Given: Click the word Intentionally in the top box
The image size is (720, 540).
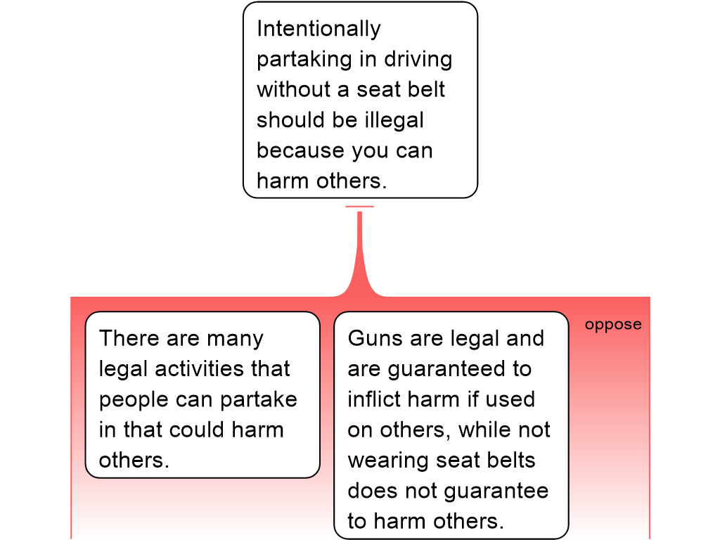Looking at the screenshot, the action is point(319,29).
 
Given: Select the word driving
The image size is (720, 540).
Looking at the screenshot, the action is point(418,60).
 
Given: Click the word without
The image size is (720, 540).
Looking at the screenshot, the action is point(293,89).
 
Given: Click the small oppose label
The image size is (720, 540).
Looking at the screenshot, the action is point(613,325).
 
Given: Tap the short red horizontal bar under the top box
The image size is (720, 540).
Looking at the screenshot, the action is point(359,207).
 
